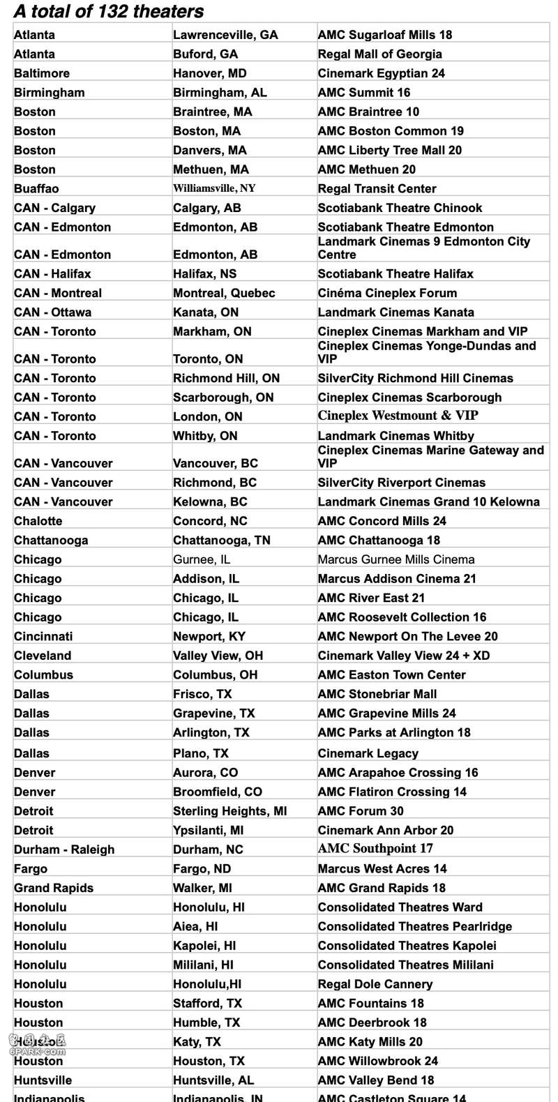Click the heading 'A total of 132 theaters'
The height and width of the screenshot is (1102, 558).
109,11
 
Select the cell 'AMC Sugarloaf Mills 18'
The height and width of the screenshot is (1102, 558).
385,35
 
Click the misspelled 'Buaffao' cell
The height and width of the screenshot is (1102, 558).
36,188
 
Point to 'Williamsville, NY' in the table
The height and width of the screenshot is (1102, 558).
214,188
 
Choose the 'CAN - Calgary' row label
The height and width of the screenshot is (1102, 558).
54,208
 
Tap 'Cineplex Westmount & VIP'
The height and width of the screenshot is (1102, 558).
398,416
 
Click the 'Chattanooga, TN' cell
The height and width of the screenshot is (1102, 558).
221,540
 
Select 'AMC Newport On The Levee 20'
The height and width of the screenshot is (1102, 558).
407,636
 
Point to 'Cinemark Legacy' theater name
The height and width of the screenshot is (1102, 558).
368,753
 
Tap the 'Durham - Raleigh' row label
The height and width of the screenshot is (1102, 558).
64,850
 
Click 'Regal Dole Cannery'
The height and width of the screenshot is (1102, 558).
375,984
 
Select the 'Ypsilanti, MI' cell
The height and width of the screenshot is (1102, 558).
208,830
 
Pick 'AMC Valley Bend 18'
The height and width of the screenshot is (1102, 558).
375,1080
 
